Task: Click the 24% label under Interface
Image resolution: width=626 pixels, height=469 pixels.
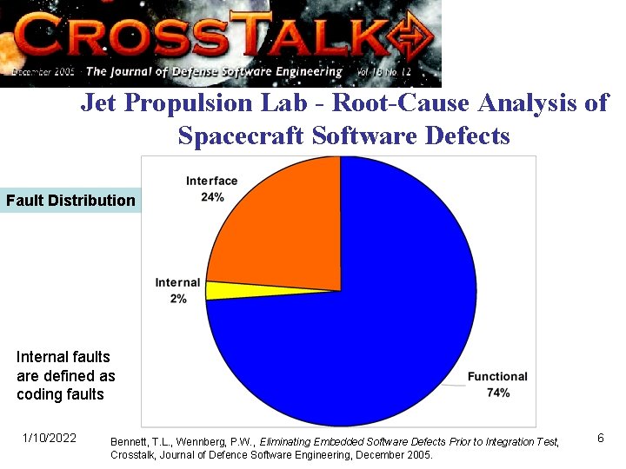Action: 211,197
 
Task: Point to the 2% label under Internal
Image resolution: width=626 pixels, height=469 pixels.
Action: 177,299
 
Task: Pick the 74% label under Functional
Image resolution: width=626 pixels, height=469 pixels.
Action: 497,393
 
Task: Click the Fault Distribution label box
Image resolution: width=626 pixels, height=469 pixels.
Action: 70,201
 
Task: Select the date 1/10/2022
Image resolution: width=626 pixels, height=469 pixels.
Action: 49,438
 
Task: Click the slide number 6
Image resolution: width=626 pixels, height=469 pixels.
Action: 600,438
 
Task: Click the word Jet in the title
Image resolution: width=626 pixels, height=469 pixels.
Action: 98,103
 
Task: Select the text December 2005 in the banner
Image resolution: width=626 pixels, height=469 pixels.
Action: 43,71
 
